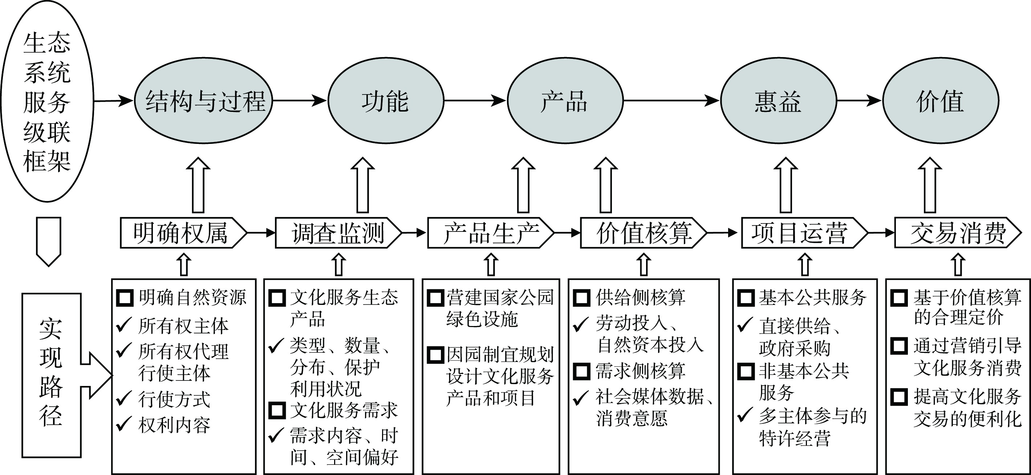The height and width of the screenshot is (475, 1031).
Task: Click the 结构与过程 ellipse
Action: click(203, 101)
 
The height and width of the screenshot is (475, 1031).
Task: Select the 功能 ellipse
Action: click(385, 101)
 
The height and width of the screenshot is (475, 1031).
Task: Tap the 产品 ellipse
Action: click(565, 101)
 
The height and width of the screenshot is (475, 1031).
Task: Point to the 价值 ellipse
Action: click(941, 101)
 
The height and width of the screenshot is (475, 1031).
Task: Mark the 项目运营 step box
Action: click(803, 233)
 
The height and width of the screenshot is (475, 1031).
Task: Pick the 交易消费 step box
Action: click(957, 233)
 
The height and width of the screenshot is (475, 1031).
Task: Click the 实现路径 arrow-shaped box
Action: click(52, 375)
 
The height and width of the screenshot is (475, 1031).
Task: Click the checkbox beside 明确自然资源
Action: click(125, 298)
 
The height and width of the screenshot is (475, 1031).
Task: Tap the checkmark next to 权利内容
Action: click(124, 424)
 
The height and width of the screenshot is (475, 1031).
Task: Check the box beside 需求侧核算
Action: click(581, 371)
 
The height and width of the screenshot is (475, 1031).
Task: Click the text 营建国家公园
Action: click(500, 297)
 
